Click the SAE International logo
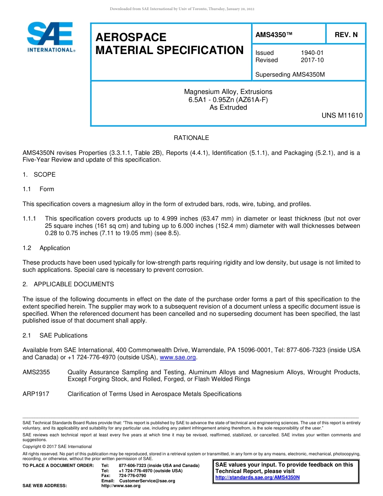click(x=50, y=37)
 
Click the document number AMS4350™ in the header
click(x=274, y=35)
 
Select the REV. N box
click(x=346, y=35)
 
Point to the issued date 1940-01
click(x=312, y=53)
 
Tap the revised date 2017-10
click(x=312, y=60)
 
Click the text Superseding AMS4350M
click(x=290, y=75)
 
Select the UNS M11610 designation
click(x=342, y=115)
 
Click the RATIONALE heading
click(x=191, y=138)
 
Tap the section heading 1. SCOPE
click(x=39, y=175)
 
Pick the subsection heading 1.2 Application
click(x=46, y=248)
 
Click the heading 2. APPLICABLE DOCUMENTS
click(x=68, y=284)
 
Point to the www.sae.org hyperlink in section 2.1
click(x=178, y=357)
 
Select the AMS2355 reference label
click(x=36, y=372)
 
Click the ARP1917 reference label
click(x=36, y=394)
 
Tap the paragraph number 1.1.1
click(x=29, y=219)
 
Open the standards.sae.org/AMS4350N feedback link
click(x=258, y=477)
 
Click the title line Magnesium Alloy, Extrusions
click(x=228, y=92)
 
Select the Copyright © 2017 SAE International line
click(x=57, y=446)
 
